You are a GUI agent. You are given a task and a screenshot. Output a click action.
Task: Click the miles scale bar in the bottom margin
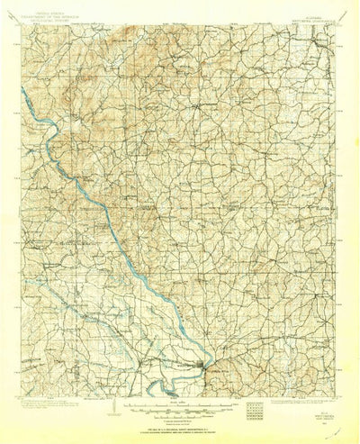click(x=180, y=405)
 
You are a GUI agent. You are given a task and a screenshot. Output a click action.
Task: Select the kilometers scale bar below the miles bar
click(x=180, y=412)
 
